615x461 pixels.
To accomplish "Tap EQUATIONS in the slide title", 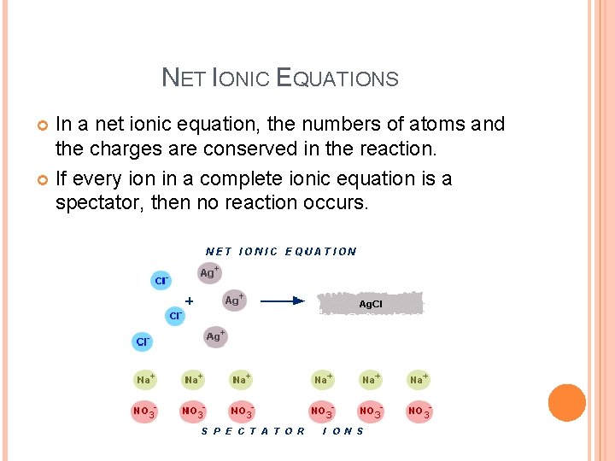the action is (338, 79).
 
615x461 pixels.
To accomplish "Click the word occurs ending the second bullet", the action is (337, 203).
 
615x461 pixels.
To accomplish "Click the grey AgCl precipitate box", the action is (370, 303).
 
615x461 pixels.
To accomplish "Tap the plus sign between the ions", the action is (189, 301).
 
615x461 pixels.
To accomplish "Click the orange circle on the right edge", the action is (566, 403).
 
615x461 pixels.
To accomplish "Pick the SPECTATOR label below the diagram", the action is (253, 431).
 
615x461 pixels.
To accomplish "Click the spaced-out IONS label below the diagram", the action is (343, 431).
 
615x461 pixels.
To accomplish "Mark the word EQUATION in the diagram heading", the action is (320, 251).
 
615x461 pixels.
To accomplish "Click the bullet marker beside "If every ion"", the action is (44, 179).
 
